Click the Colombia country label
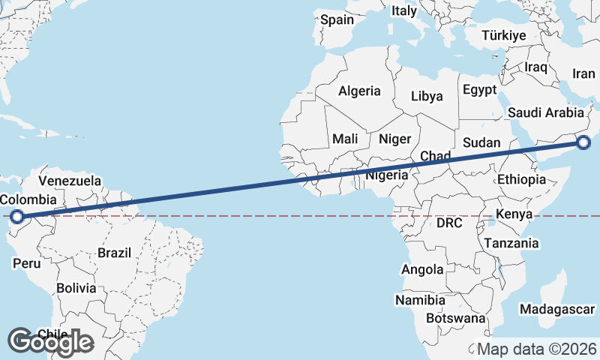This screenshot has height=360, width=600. (x=28, y=199)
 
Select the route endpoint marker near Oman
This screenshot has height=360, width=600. (x=584, y=142)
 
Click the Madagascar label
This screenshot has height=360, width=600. (x=557, y=309)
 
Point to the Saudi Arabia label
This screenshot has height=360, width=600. (x=545, y=112)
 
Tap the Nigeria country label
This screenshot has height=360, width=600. (x=387, y=175)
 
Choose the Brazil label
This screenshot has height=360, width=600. (x=114, y=253)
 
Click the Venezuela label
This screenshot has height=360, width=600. (x=70, y=181)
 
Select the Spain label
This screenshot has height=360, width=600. (x=337, y=20)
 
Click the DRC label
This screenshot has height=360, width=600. (x=449, y=223)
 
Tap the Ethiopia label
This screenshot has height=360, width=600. (x=521, y=179)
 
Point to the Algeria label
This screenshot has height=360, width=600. (x=359, y=91)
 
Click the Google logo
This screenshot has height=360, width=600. (x=50, y=341)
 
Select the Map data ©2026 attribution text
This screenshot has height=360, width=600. (x=537, y=349)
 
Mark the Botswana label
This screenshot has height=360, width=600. (x=455, y=318)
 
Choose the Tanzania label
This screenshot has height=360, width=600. (x=511, y=243)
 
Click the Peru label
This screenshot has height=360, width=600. (x=26, y=263)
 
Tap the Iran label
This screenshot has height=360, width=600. (x=583, y=73)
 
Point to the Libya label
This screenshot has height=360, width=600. (x=427, y=96)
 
